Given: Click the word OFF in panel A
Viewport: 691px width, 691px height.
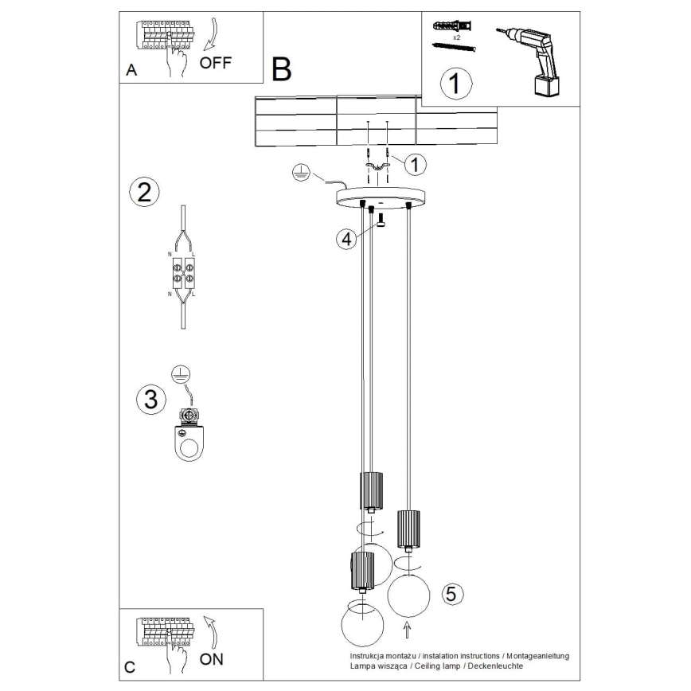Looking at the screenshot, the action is click(x=216, y=63).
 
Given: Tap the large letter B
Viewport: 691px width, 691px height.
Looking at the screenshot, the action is click(x=281, y=71).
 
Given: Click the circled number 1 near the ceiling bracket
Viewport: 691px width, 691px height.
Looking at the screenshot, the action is click(x=414, y=165).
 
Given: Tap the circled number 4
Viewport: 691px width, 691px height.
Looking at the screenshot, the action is click(x=345, y=239).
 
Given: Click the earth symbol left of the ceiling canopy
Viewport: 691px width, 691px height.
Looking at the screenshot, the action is click(x=298, y=172).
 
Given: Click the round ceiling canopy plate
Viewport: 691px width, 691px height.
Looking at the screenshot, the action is click(x=382, y=197).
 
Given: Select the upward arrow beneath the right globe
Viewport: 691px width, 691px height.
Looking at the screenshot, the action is click(x=408, y=631).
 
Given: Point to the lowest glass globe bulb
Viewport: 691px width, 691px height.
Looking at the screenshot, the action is click(x=363, y=624).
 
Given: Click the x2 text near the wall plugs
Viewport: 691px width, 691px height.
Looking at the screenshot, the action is click(x=457, y=37).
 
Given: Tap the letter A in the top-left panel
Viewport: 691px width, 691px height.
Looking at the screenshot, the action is click(x=132, y=71).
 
